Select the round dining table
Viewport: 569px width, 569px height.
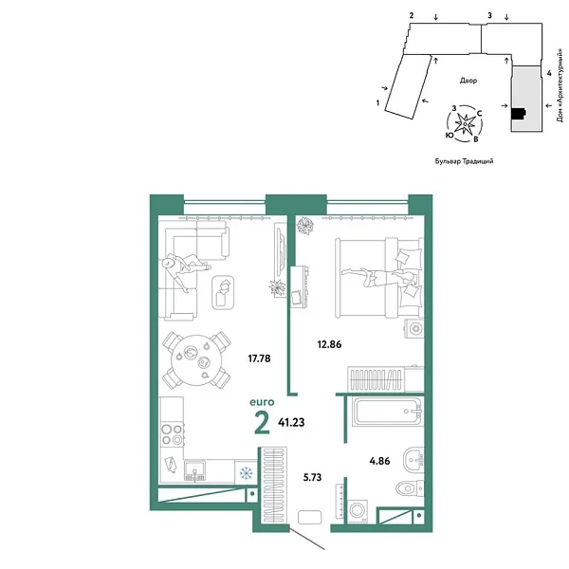coord(195,360)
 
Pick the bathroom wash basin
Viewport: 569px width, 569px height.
coord(413,459)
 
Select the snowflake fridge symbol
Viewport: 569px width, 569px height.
coord(247,472)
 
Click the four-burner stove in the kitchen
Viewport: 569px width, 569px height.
coord(173,432)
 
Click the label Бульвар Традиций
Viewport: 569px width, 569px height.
coord(464,161)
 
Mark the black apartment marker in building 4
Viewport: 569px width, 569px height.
coord(517,115)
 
